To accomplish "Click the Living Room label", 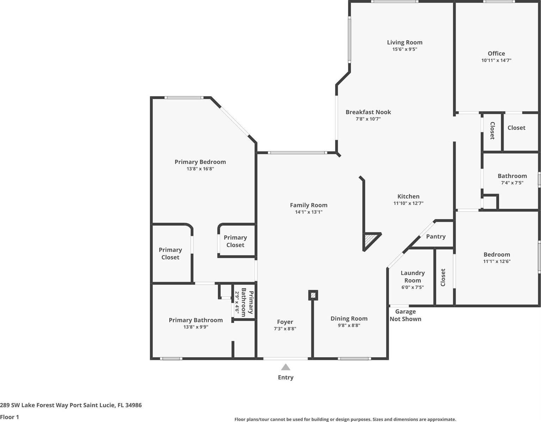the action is click(x=405, y=43).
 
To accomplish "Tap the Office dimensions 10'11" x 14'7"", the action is click(x=496, y=60).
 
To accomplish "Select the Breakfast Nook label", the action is click(x=368, y=112).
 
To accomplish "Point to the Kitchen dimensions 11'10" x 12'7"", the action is click(x=408, y=203).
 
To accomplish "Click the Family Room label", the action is click(x=309, y=205).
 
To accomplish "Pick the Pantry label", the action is click(x=436, y=237).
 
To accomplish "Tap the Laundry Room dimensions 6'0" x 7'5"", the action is click(x=413, y=287).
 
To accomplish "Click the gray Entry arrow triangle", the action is click(x=286, y=367).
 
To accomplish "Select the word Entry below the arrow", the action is click(x=286, y=378).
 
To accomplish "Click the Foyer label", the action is click(x=285, y=322).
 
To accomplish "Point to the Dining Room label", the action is click(x=349, y=319).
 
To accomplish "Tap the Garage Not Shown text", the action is click(x=405, y=315).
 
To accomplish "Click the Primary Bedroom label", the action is click(x=200, y=162).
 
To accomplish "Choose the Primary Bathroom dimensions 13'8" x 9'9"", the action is click(x=196, y=327).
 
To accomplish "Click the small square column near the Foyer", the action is click(x=313, y=295).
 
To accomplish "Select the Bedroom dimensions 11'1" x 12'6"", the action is click(x=497, y=262).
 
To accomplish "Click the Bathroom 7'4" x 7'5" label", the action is click(x=512, y=179).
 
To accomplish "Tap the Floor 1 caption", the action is click(x=10, y=417).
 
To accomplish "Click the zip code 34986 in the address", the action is click(x=133, y=405).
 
